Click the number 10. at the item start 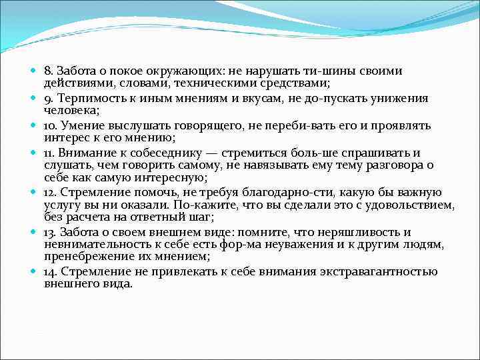point(50,125)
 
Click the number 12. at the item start point(50,192)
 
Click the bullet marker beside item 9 point(35,98)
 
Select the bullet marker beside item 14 point(35,271)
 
